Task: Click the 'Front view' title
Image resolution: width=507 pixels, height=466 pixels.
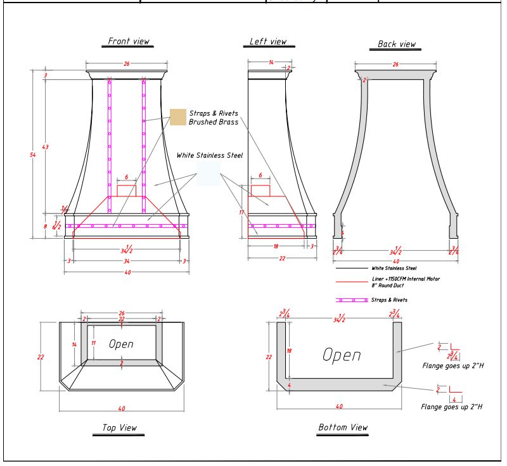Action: coord(129,41)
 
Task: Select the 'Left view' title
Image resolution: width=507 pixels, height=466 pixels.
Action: coord(267,41)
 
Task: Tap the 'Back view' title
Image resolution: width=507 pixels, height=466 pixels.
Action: coord(396,44)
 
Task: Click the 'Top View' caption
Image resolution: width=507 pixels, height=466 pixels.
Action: coord(119,428)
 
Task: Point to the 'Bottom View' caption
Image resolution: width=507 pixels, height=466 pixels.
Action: coord(342,427)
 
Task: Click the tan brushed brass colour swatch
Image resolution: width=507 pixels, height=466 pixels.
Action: coord(177,117)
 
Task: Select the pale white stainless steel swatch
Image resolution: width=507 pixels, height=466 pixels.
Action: coord(208,172)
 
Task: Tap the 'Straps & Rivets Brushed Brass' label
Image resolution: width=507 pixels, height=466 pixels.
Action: coord(214,118)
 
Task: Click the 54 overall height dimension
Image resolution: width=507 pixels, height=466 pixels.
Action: coord(33,155)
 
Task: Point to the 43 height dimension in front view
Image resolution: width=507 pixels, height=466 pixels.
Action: coord(45,147)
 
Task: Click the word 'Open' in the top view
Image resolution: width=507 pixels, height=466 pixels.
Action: coord(120,344)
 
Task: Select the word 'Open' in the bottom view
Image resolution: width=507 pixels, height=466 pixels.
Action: coord(342,355)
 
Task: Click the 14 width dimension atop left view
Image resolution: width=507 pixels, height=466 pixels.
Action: coord(271,63)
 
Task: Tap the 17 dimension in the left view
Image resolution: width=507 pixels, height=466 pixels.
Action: coord(241,212)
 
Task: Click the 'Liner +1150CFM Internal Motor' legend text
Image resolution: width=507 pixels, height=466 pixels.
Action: coord(406,279)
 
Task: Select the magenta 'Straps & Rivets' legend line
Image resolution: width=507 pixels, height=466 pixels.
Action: coord(352,299)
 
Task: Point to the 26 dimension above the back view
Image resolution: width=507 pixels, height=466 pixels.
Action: coord(396,65)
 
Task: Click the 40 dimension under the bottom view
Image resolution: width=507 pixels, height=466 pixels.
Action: coord(339,406)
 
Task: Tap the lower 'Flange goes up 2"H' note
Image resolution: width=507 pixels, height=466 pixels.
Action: coord(452,406)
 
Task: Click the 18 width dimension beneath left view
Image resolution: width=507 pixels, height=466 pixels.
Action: coord(275,246)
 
